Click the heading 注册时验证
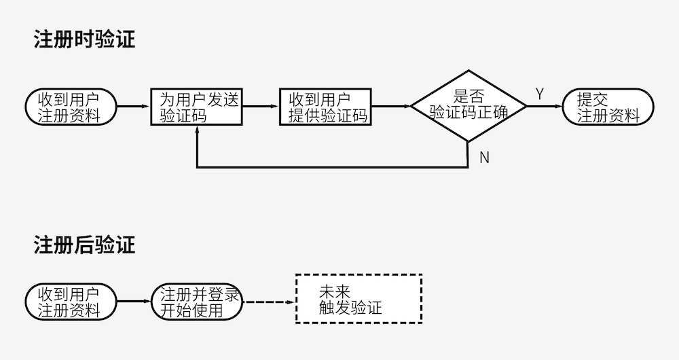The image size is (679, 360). [84, 39]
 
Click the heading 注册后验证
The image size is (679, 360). [84, 245]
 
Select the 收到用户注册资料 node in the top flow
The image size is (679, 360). [70, 107]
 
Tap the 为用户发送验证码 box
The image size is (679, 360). [196, 107]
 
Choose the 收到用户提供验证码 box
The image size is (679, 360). [325, 107]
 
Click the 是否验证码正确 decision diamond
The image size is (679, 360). [469, 106]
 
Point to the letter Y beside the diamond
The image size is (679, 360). [540, 94]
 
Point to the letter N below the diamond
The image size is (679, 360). [484, 158]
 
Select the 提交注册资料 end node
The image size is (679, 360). [608, 107]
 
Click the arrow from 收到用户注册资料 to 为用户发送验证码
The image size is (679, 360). [133, 107]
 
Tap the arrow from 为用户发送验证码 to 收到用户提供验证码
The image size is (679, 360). [261, 107]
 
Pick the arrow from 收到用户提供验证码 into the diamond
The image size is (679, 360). [391, 107]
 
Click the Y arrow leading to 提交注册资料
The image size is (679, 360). [545, 107]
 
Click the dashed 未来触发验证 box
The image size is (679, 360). [359, 299]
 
